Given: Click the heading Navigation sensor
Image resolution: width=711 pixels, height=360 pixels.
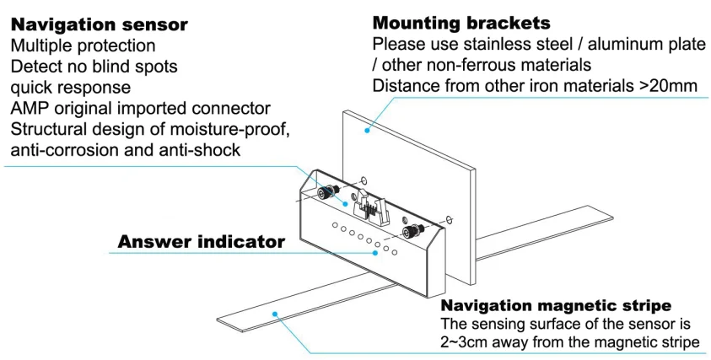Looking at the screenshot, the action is point(99,24).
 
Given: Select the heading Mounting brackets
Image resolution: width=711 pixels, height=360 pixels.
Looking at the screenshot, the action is point(461,23).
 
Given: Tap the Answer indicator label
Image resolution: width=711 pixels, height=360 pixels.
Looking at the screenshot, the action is point(202,242).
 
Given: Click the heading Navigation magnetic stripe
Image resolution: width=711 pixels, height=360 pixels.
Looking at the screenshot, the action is point(556,305).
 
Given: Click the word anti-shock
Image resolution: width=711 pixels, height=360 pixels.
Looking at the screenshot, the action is point(200,150).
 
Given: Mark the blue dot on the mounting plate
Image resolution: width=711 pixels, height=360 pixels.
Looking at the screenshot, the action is point(367,131).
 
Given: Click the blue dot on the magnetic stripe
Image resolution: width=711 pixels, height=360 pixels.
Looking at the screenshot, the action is point(274,314).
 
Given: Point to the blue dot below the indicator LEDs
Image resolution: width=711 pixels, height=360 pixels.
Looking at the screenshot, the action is point(375,253).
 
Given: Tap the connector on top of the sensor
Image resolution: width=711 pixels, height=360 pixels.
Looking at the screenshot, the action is point(371,207).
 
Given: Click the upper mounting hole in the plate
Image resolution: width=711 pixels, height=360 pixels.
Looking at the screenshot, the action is point(364,181).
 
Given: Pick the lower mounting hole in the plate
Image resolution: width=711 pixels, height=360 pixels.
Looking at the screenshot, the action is point(449,220).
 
